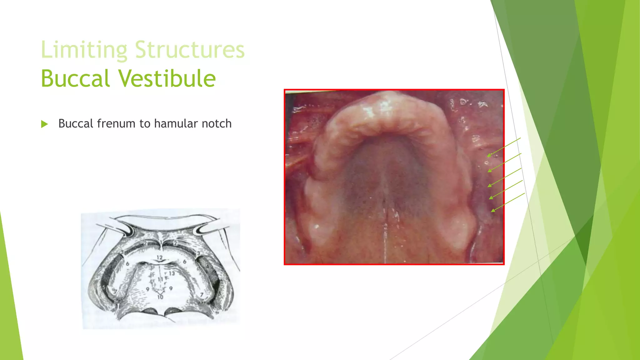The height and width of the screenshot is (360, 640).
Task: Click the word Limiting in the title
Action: click(x=84, y=50)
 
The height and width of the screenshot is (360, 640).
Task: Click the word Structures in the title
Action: click(x=190, y=50)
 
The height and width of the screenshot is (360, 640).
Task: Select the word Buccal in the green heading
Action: click(x=75, y=78)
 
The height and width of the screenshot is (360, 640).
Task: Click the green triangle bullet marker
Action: click(x=44, y=124)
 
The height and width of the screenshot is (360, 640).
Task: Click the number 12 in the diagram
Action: click(x=160, y=258)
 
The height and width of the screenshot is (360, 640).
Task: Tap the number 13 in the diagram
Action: click(x=172, y=273)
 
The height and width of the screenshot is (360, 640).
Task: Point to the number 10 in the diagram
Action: click(x=160, y=297)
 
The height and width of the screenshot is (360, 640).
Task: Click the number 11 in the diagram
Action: click(x=160, y=279)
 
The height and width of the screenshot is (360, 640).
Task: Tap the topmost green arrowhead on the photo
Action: click(x=489, y=155)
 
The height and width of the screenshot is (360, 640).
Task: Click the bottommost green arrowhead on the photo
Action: click(x=493, y=211)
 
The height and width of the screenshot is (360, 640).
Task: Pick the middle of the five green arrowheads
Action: click(x=490, y=185)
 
